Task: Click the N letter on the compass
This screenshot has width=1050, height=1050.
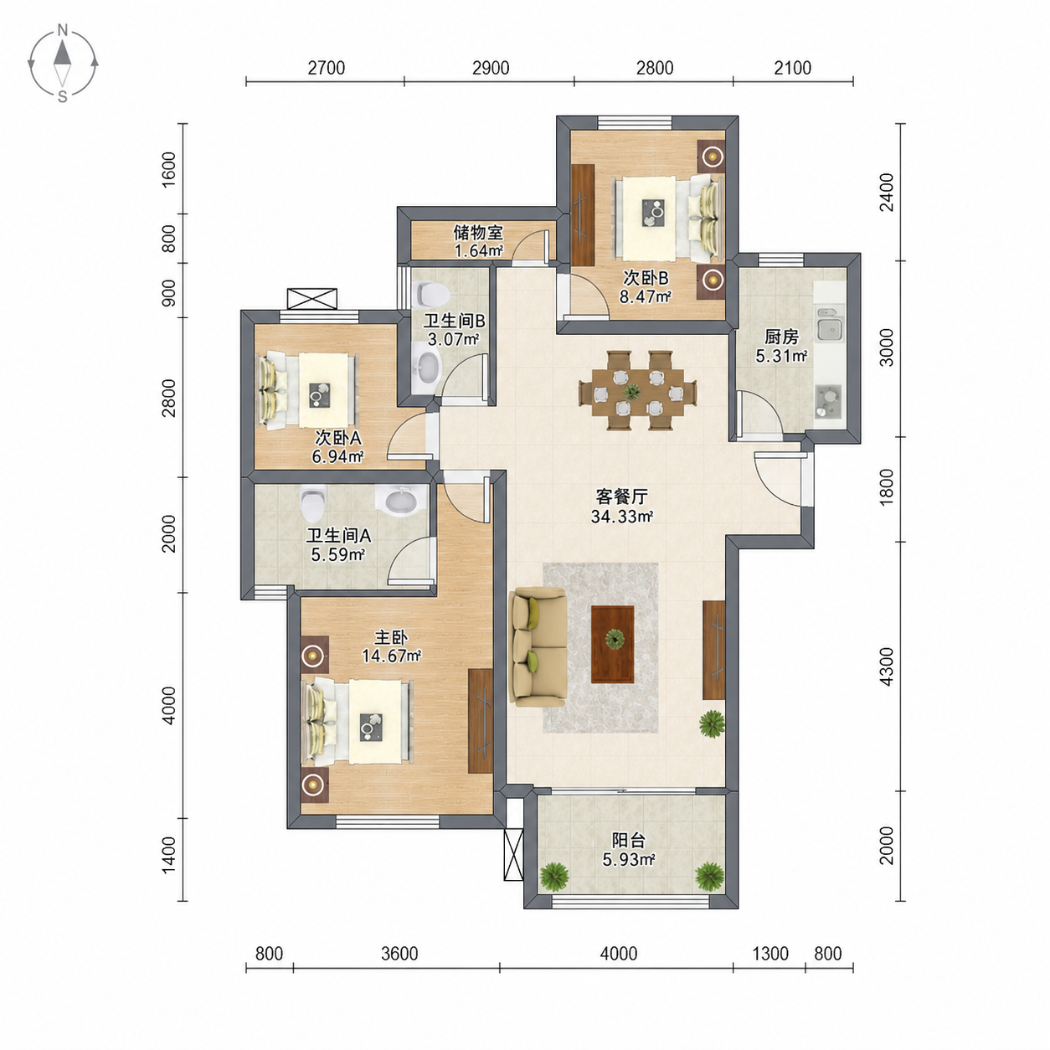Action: (x=63, y=30)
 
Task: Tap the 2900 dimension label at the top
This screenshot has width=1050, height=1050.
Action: (x=491, y=68)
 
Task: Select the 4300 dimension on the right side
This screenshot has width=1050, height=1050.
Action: (x=887, y=666)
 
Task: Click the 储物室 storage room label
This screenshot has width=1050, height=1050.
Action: (x=478, y=233)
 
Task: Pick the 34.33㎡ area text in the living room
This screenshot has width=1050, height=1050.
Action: (x=622, y=516)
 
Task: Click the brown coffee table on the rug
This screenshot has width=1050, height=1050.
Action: (x=613, y=644)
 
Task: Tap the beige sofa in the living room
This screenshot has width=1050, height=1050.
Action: (x=538, y=646)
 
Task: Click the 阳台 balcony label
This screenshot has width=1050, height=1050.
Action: (x=628, y=840)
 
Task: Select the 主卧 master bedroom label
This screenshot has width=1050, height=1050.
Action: (x=391, y=637)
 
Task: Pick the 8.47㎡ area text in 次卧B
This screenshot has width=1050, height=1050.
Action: (x=645, y=296)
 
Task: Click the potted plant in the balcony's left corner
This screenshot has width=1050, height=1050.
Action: (x=554, y=877)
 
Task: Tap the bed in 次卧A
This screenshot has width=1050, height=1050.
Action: (x=308, y=389)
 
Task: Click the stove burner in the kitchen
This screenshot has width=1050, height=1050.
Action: (x=828, y=394)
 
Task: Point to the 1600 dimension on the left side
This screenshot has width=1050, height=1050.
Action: (x=169, y=169)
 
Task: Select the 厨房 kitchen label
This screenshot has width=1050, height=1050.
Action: (x=781, y=337)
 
